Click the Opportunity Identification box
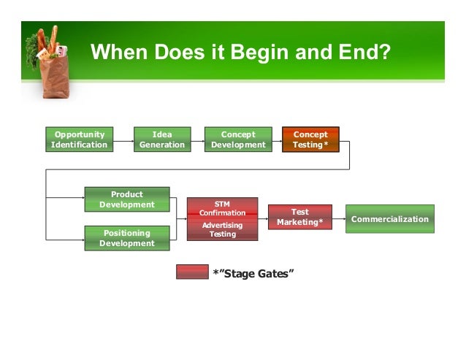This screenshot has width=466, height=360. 79,139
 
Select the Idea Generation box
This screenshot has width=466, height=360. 162,139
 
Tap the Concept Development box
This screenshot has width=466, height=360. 238,139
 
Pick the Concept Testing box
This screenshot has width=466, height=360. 310,139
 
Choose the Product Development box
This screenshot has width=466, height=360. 127,199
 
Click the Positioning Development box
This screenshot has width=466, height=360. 127,238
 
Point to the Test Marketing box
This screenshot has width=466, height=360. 300,217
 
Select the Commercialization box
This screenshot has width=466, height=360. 390,219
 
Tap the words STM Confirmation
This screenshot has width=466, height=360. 223,208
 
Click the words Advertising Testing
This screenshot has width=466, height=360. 223,229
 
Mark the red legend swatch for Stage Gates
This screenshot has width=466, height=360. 192,272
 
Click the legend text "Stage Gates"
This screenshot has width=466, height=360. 253,273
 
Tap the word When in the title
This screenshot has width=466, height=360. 120,53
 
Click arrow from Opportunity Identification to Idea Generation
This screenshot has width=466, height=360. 123,139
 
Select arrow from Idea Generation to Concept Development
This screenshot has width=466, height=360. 197,139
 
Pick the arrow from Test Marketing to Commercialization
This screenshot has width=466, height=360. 338,218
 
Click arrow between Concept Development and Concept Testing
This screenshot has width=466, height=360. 277,139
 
